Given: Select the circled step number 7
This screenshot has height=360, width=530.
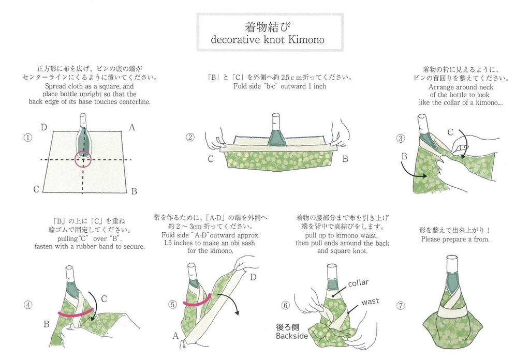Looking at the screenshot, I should (400, 305).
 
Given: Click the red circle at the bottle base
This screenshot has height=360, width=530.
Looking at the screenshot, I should (83, 160).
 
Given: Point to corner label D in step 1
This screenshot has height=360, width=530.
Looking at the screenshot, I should (44, 127).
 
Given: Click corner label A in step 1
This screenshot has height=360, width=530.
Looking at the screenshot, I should (131, 127).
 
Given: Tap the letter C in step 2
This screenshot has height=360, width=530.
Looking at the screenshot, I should (211, 159).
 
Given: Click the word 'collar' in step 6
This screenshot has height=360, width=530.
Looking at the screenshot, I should (358, 283).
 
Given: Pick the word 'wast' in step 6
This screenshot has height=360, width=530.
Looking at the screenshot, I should (371, 301).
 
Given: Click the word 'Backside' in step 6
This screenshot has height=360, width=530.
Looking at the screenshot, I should (292, 336).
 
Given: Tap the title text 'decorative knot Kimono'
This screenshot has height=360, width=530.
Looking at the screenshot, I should (268, 40).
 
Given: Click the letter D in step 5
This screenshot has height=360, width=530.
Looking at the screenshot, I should (254, 277).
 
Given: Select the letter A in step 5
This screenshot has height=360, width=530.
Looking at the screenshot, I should (175, 336).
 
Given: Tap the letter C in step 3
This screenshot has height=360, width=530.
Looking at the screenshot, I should (450, 132).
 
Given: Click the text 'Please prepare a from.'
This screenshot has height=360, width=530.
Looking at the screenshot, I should (455, 239).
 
